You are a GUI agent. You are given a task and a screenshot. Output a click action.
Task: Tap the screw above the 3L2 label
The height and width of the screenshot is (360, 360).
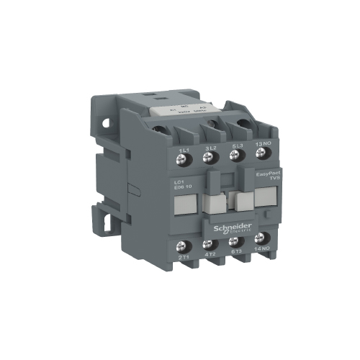coord(212,137)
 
